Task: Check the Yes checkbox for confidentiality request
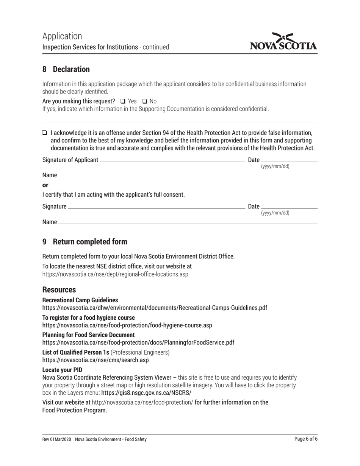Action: (122, 101)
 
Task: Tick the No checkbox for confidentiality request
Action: (144, 101)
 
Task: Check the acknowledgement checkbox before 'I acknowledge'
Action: (45, 133)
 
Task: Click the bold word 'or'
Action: (45, 185)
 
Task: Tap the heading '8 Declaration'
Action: (66, 69)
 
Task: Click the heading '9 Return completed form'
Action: (85, 242)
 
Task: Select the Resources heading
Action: (59, 290)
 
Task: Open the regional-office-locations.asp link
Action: (115, 274)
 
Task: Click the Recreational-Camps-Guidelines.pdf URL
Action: (155, 308)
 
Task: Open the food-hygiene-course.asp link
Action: (127, 325)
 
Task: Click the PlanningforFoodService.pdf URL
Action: (138, 342)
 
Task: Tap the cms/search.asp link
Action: (95, 360)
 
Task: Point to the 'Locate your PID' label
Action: (62, 369)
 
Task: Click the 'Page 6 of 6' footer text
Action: (306, 439)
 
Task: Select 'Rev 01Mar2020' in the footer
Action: (57, 439)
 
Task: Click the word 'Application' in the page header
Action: (62, 36)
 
